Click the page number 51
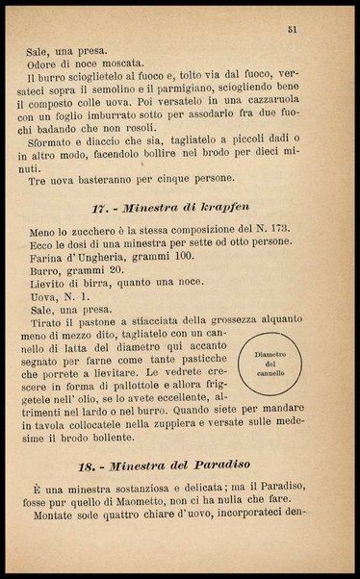(292, 31)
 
